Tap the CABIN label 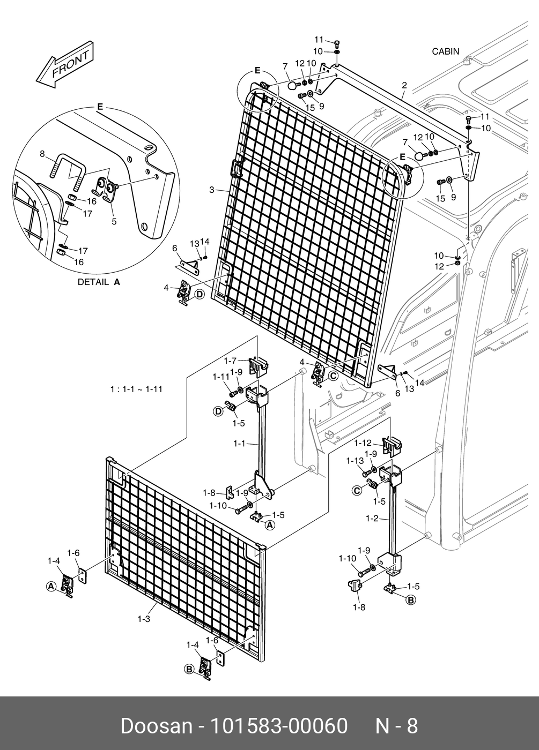(445, 51)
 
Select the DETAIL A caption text (99, 282)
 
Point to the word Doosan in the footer (156, 726)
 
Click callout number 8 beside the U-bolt (42, 154)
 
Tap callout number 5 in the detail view (114, 221)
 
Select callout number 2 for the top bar (404, 85)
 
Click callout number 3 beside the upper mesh (212, 190)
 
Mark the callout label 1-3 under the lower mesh (143, 619)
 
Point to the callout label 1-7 (230, 361)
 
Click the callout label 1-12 (363, 443)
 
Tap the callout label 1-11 (221, 377)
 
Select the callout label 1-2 (373, 518)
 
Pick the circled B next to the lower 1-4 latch (189, 669)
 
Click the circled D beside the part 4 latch (199, 294)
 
